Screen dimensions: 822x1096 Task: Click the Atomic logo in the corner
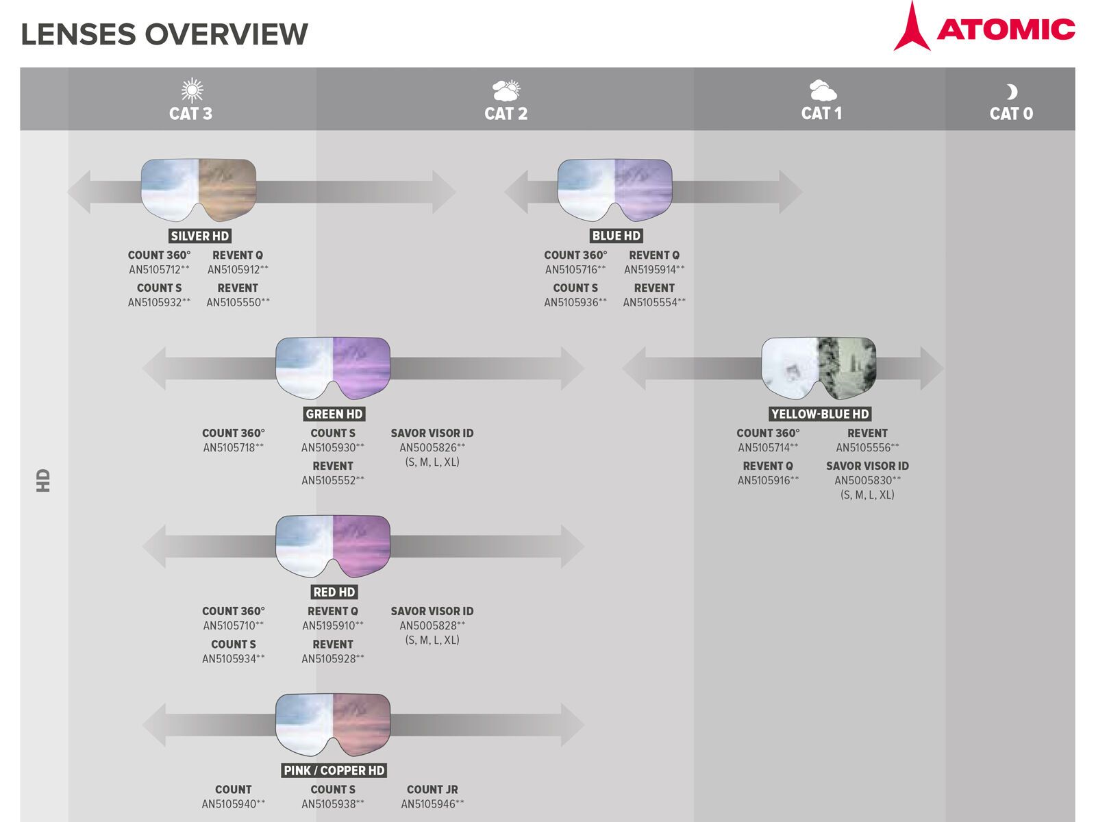pos(984,28)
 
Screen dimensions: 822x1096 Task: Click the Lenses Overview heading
pos(164,34)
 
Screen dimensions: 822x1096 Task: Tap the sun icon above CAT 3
pos(192,90)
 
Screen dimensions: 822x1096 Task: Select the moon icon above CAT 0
pos(1011,92)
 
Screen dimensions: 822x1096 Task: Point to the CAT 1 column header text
pos(821,114)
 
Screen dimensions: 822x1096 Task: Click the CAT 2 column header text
pos(506,114)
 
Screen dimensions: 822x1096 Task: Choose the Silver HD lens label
pos(199,236)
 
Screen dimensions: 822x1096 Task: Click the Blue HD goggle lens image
pos(614,190)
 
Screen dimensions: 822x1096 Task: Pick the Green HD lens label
pos(334,414)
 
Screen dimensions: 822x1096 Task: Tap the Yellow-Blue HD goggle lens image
pos(819,368)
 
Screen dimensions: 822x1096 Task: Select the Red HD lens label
pos(334,593)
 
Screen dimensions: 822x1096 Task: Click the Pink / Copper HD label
pos(334,771)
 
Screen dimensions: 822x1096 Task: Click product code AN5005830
pos(867,481)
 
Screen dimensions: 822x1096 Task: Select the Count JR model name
pos(432,790)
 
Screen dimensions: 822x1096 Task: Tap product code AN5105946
pos(432,804)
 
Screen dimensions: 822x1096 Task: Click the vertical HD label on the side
pos(44,480)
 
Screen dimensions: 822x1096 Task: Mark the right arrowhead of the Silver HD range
pos(443,192)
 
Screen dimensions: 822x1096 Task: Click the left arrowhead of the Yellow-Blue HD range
pos(634,369)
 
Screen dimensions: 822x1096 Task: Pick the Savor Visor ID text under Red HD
pos(432,612)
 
